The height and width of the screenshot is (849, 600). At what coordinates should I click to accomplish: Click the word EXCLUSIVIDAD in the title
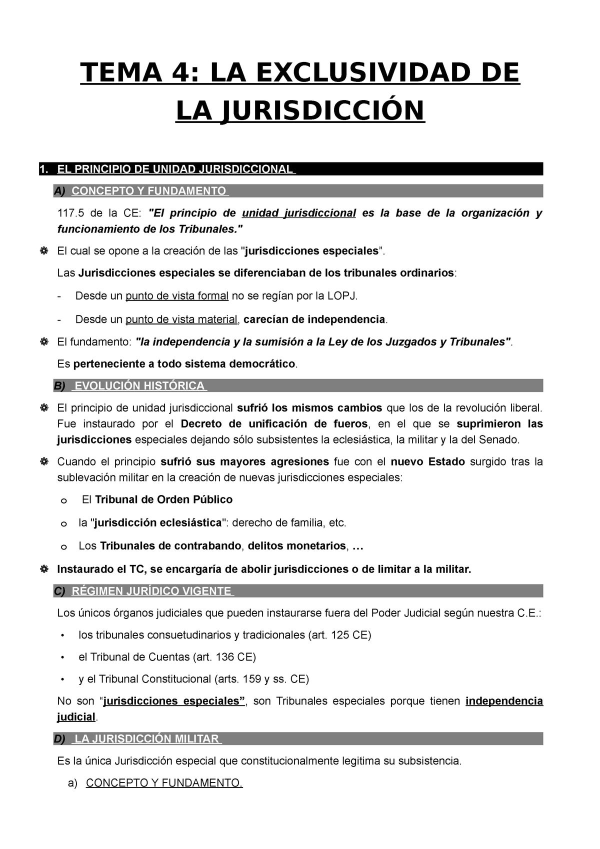pos(364,73)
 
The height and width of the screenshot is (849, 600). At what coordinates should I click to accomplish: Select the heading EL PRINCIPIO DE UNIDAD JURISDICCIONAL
pos(175,169)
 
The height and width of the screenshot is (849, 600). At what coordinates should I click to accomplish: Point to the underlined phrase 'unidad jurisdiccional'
pos(298,213)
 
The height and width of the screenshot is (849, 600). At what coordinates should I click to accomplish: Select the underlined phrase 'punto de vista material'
pos(181,319)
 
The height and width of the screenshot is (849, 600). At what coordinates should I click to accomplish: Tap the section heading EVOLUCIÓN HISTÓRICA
pos(139,386)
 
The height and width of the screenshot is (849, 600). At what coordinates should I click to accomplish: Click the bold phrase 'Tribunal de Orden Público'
pos(163,499)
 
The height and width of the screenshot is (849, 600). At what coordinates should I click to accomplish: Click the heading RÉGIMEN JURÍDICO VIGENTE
pos(152,591)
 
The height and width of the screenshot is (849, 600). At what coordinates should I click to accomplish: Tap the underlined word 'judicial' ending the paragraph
pos(76,717)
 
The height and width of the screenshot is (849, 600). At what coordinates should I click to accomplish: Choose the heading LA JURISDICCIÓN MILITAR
pos(146,739)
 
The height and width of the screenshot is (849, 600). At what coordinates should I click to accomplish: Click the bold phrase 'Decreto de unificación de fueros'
pos(274,424)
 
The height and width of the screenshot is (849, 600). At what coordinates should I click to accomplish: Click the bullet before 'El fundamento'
pos(43,342)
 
